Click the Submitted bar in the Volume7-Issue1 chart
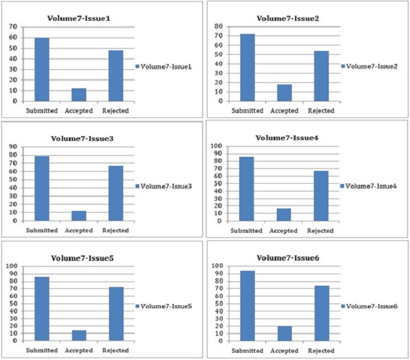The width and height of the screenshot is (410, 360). click(x=42, y=69)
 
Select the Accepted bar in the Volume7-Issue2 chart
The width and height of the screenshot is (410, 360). click(x=285, y=93)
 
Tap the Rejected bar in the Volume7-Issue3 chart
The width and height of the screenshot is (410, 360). click(x=116, y=193)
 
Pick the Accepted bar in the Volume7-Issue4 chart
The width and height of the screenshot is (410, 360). click(x=283, y=215)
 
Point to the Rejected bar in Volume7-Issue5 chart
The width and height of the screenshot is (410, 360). click(x=116, y=314)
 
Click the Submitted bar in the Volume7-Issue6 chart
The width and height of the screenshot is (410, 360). click(x=248, y=306)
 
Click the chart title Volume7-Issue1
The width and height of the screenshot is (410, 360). click(x=78, y=19)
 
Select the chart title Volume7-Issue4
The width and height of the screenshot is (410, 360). click(x=287, y=138)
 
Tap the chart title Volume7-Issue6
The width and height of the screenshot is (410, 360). click(x=288, y=258)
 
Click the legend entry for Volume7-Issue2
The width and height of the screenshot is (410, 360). click(x=369, y=66)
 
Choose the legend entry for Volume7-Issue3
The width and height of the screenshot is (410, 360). click(x=164, y=186)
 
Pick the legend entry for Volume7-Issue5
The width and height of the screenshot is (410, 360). click(x=164, y=306)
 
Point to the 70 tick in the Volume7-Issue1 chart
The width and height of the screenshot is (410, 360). click(x=13, y=27)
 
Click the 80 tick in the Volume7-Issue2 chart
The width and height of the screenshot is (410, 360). click(x=218, y=26)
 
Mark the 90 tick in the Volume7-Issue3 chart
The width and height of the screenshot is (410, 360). click(x=13, y=147)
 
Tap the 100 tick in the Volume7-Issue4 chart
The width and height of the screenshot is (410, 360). click(x=216, y=146)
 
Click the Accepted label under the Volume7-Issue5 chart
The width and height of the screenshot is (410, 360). click(x=78, y=350)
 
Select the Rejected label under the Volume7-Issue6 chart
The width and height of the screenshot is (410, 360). click(x=321, y=351)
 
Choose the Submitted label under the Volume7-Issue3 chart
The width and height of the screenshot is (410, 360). click(x=42, y=230)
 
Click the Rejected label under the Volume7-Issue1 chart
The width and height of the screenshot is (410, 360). click(x=116, y=111)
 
